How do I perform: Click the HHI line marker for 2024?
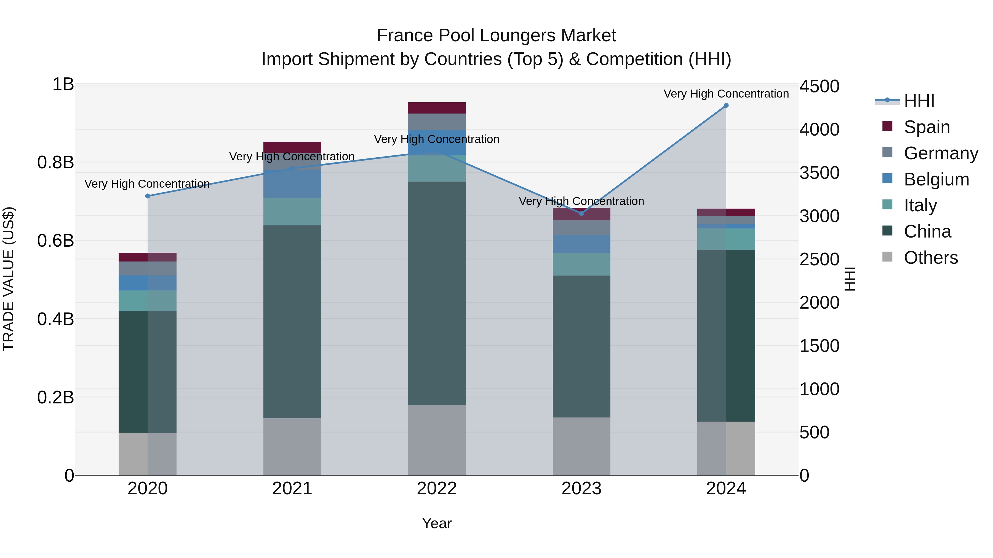tap(726, 106)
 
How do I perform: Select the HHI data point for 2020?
tap(148, 196)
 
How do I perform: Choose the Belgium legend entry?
tap(936, 179)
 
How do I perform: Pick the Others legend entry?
tap(931, 258)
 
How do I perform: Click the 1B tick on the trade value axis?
tap(63, 84)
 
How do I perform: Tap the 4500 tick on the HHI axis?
tap(819, 86)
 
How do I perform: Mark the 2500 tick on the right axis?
tap(819, 259)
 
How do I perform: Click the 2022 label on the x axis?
tap(437, 489)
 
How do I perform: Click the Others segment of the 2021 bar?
tap(292, 447)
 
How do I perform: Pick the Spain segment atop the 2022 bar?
tap(437, 108)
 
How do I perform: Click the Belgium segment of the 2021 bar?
tap(292, 184)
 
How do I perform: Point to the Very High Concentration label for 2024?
tap(726, 94)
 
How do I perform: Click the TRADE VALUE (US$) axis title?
tap(9, 279)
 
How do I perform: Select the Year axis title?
tap(437, 523)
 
